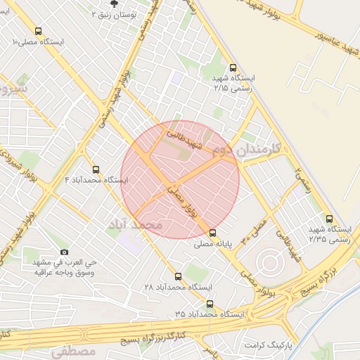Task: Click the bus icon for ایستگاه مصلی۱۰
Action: pos(38,31)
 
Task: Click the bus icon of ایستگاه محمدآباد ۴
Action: pos(96,169)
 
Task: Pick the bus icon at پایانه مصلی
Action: pos(213,232)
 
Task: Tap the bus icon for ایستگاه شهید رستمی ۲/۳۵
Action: pos(329,219)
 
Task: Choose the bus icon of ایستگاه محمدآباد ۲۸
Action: pos(177,276)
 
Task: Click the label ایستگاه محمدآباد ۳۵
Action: pos(210,314)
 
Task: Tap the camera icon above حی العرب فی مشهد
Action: pos(64,252)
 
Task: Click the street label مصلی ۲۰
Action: pos(256,229)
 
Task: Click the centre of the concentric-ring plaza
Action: pos(269,264)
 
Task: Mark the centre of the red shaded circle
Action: pos(180,179)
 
